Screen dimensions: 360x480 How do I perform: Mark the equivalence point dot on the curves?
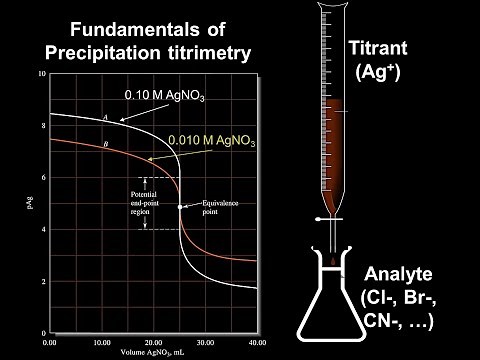click(180, 206)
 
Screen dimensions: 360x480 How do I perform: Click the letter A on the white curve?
click(105, 117)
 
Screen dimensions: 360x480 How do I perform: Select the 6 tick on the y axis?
click(41, 178)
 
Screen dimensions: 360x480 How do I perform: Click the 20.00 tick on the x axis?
click(153, 341)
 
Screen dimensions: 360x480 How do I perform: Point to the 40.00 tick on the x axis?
click(256, 341)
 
